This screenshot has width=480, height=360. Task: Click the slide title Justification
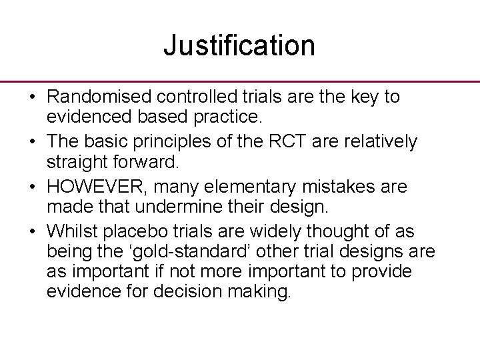(239, 45)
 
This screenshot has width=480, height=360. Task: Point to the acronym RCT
(281, 142)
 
